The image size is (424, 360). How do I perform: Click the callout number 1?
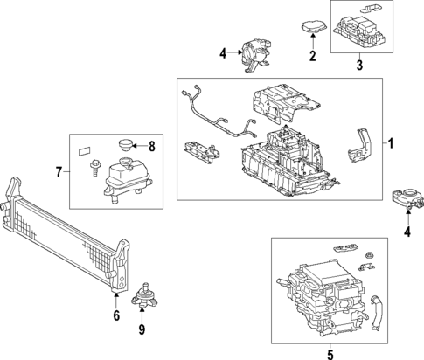[x=391, y=143]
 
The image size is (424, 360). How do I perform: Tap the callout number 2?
[x=313, y=56]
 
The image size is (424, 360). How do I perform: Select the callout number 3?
[x=359, y=65]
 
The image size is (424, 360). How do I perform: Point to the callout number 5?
[x=330, y=355]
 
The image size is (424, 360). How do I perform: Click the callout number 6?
[x=116, y=315]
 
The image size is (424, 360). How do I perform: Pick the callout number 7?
[x=59, y=172]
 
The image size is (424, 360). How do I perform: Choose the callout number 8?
[x=152, y=147]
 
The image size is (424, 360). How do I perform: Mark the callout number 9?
[x=142, y=329]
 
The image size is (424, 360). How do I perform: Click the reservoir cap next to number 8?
[x=125, y=145]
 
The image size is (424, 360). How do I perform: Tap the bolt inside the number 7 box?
[x=94, y=168]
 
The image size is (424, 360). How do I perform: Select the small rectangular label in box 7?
[x=84, y=152]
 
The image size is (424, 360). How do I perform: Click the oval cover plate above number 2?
[x=314, y=26]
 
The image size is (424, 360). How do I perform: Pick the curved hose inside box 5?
[x=376, y=313]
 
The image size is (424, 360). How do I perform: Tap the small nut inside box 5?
[x=370, y=255]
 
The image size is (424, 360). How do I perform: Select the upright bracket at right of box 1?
[x=359, y=145]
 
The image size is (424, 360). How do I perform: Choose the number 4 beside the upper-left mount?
[x=223, y=53]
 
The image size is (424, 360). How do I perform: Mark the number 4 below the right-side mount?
[x=407, y=232]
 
